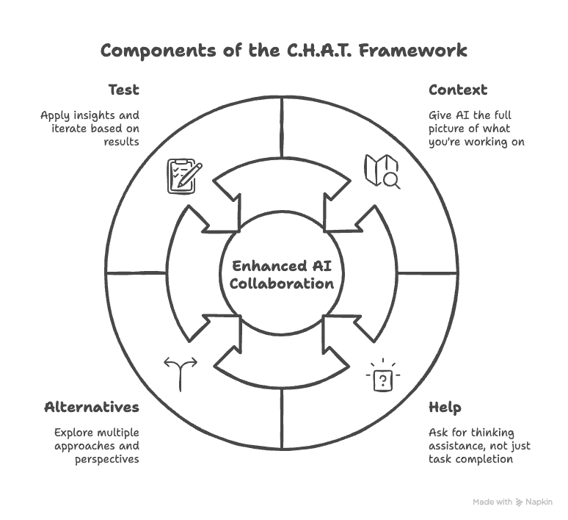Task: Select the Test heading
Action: [x=123, y=90]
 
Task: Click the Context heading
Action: [x=458, y=90]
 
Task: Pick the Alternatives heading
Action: [x=92, y=407]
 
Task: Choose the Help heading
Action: [x=445, y=407]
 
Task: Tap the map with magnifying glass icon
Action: [x=382, y=171]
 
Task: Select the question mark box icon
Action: [x=383, y=378]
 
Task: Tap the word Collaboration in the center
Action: [x=283, y=284]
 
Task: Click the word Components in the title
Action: [x=151, y=51]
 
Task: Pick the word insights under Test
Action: [x=92, y=115]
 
